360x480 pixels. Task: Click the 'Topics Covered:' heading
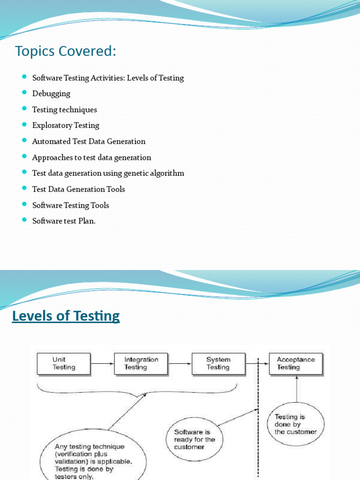[x=65, y=51]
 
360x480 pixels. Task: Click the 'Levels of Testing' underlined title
[x=66, y=316]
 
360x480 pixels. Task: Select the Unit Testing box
[x=64, y=364]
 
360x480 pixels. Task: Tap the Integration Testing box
[x=141, y=364]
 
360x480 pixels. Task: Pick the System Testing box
[x=218, y=364]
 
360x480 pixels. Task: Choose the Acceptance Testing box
[x=295, y=364]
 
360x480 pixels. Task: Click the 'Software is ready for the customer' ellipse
[x=195, y=439]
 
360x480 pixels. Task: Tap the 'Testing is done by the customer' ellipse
[x=295, y=424]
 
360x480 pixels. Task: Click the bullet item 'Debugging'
[x=51, y=94]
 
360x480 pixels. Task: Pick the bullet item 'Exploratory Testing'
[x=66, y=126]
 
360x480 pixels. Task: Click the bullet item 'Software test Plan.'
[x=64, y=221]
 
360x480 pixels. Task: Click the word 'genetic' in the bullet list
[x=136, y=173]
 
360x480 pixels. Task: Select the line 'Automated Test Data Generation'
[x=89, y=142]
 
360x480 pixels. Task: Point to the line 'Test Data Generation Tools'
[x=78, y=189]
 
